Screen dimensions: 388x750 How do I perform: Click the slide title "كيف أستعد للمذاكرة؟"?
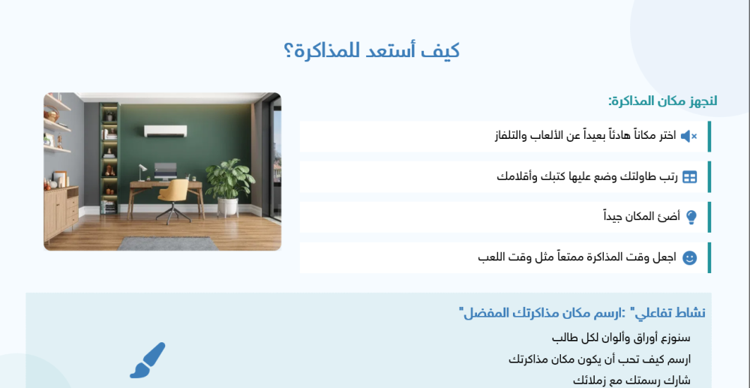[x=372, y=51]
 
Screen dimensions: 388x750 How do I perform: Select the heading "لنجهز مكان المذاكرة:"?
[x=662, y=101]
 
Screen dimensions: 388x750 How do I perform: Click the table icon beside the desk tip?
[x=689, y=177]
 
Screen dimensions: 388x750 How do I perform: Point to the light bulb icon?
[x=691, y=217]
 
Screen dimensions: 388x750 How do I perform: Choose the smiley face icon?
[x=689, y=257]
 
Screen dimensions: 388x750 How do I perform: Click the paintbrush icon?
[x=148, y=360]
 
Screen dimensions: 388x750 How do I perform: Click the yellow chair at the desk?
[x=174, y=197]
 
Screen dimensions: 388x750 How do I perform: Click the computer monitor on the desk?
[x=166, y=170]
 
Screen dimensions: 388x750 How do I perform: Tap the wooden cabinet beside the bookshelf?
[x=61, y=211]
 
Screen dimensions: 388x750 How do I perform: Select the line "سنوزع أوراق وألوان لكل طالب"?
[x=621, y=338]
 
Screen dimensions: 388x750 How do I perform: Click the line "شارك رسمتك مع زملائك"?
[x=631, y=380]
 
